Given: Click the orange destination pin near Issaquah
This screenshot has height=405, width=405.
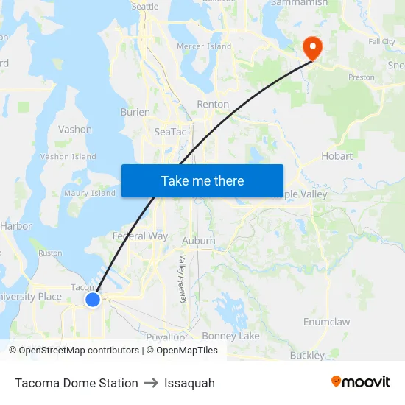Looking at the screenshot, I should click(313, 48).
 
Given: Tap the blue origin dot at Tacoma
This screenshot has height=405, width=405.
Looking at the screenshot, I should click(93, 300).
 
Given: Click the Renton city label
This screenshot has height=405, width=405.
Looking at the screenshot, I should click(213, 105).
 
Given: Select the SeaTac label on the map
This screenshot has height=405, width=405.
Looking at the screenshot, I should click(171, 132).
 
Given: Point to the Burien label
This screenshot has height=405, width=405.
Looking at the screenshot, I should click(135, 113).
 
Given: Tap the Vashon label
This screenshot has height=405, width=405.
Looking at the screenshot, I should click(75, 130).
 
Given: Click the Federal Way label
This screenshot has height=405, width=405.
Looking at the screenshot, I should click(140, 236).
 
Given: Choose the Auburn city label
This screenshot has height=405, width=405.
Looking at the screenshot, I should click(198, 241).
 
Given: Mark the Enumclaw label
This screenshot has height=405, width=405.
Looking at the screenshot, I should click(326, 322).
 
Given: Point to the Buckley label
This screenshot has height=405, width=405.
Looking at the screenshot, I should click(306, 356).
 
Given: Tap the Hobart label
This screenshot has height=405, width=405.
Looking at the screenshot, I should click(337, 156).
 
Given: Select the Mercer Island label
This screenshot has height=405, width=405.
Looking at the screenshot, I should click(205, 46).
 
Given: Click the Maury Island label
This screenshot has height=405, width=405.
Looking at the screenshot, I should click(90, 194).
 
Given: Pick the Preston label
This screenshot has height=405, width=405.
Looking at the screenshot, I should click(361, 77).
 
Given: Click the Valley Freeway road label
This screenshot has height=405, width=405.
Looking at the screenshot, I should click(182, 279).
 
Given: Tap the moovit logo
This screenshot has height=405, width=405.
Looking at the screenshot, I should click(360, 381).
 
